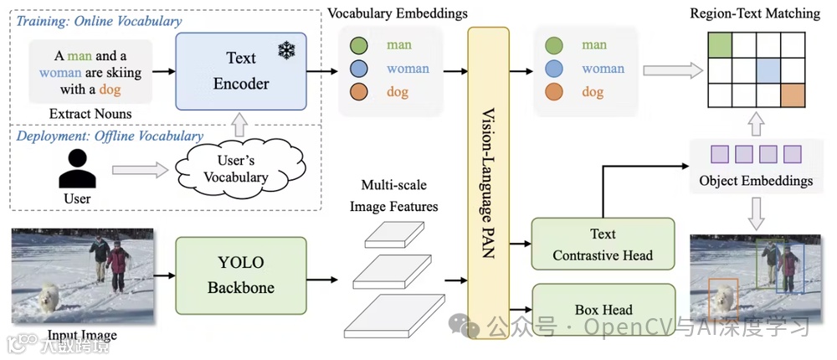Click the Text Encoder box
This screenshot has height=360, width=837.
(x=241, y=71)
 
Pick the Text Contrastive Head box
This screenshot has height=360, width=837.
(x=603, y=244)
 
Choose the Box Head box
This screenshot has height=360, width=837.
(x=603, y=309)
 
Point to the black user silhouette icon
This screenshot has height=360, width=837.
(x=77, y=170)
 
